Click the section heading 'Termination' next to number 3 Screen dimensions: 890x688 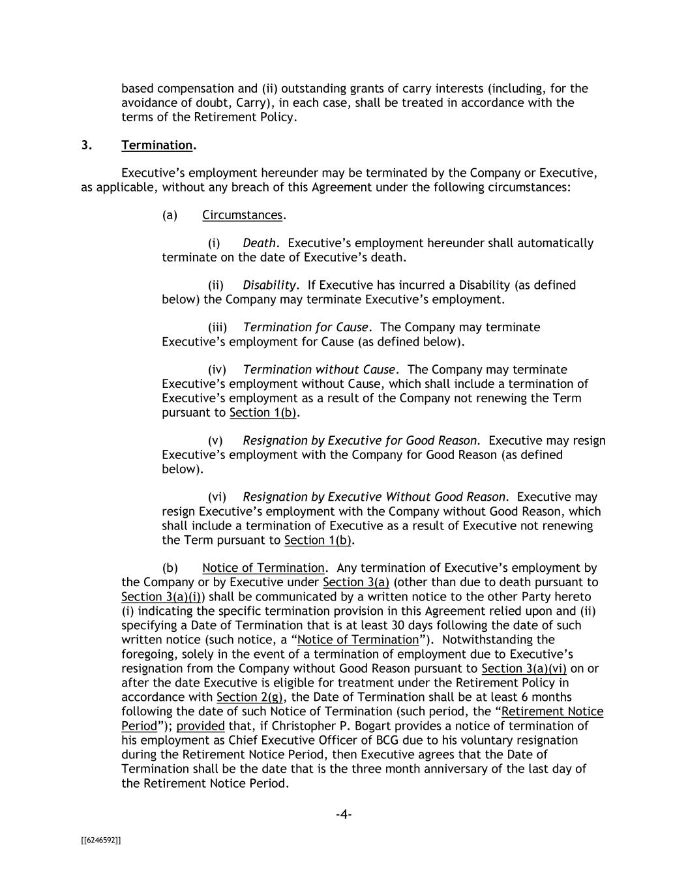tap(157, 145)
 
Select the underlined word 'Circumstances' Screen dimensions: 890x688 tap(242, 215)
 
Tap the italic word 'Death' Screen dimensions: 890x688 tap(259, 243)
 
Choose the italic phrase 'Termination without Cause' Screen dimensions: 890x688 tap(319, 370)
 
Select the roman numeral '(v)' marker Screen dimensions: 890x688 tap(215, 441)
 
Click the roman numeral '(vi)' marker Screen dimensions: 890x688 tap(217, 497)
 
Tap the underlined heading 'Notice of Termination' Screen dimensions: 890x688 tap(263, 568)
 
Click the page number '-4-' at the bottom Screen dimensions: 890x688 tap(344, 814)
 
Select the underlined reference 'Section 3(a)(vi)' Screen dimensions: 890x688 tap(524, 668)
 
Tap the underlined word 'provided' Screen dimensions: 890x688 tap(200, 726)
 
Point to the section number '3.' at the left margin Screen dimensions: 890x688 tap(87, 145)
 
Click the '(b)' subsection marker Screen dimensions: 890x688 tap(170, 568)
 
